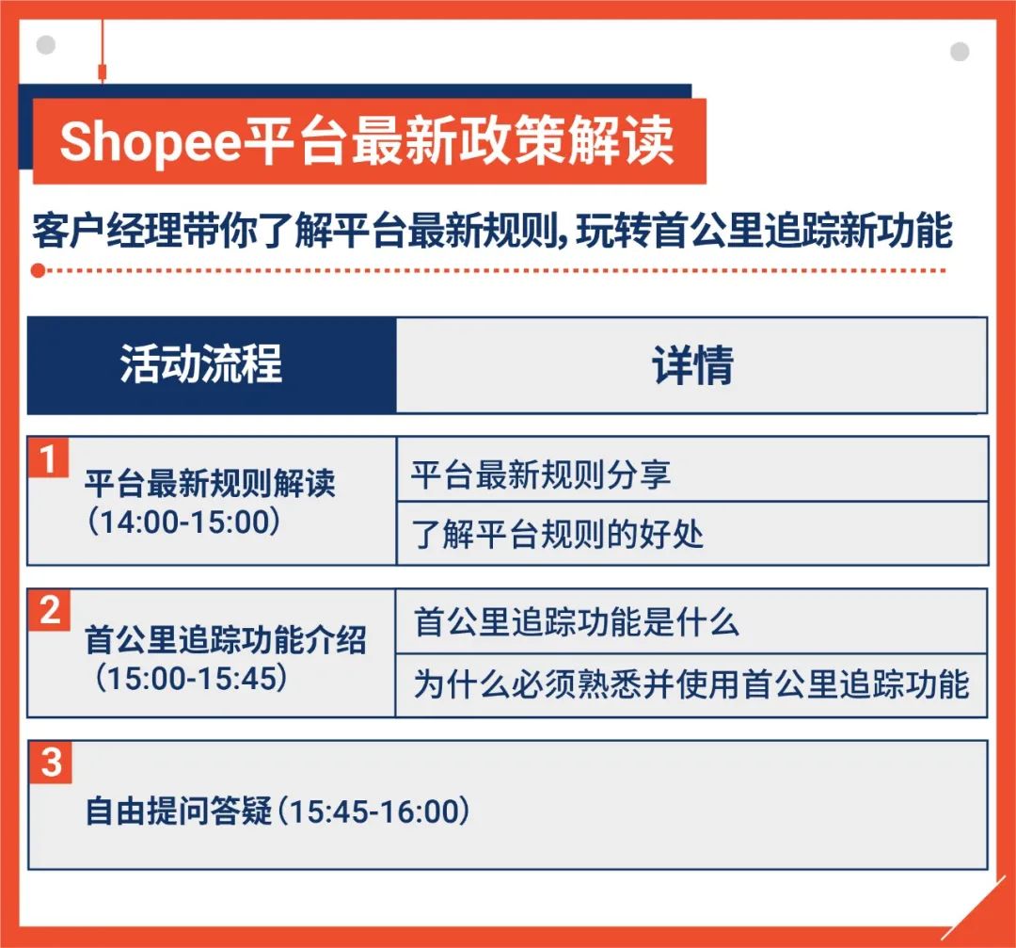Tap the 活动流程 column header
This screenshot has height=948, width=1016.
pyautogui.click(x=201, y=365)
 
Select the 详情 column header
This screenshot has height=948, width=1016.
pyautogui.click(x=691, y=365)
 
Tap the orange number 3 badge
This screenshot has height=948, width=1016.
pyautogui.click(x=51, y=762)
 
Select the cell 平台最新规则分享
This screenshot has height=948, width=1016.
pyautogui.click(x=540, y=473)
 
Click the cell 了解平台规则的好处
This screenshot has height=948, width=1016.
pyautogui.click(x=558, y=535)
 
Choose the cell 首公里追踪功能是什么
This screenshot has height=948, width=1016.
pyautogui.click(x=576, y=622)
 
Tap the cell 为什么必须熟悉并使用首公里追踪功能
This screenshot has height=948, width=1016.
pyautogui.click(x=691, y=684)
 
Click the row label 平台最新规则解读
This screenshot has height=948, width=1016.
pyautogui.click(x=209, y=486)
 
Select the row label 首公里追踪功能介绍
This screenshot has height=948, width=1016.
pyautogui.click(x=226, y=641)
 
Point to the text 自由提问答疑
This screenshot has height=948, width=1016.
pyautogui.click(x=178, y=811)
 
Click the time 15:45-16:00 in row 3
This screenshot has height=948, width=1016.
pyautogui.click(x=376, y=811)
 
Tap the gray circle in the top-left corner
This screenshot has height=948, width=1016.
pyautogui.click(x=45, y=45)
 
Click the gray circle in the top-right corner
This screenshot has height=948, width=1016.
pyautogui.click(x=960, y=52)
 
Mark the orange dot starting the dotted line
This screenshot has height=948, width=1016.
pyautogui.click(x=37, y=271)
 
